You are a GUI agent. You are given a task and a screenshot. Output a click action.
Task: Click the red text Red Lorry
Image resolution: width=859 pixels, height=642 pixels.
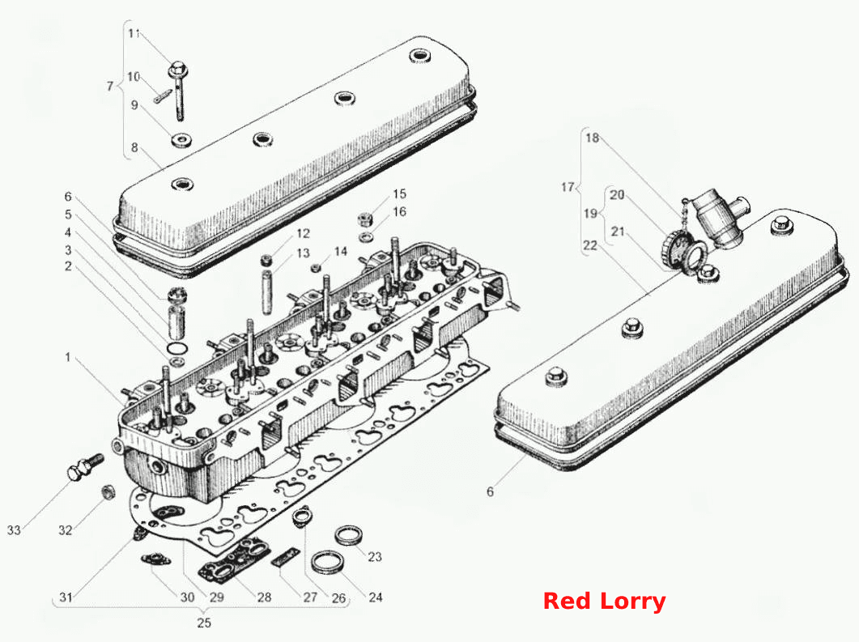tap(604, 601)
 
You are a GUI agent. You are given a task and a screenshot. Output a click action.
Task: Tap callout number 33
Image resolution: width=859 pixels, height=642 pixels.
tap(14, 529)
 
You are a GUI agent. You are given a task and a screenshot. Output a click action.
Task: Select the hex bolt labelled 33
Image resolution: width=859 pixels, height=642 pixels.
tap(85, 466)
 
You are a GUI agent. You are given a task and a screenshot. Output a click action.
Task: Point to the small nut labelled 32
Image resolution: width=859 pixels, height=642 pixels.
tap(108, 492)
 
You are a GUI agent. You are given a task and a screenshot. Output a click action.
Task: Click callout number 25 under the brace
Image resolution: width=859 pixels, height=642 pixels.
tap(204, 623)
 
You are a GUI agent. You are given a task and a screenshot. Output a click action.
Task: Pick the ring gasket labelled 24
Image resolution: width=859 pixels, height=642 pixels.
tap(328, 562)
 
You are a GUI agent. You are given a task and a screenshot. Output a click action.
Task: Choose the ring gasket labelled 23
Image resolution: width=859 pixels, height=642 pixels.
tap(349, 535)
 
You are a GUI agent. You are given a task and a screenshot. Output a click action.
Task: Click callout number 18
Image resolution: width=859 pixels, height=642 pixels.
tap(592, 138)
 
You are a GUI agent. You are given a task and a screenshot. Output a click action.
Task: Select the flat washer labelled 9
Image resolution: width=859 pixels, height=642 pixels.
tap(182, 140)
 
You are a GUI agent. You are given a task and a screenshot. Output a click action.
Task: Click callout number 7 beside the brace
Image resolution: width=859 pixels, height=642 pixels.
tap(109, 86)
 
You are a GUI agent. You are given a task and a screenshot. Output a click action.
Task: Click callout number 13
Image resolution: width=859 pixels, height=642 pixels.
tap(303, 253)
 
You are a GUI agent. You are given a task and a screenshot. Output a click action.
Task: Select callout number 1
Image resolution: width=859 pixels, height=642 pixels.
tap(68, 358)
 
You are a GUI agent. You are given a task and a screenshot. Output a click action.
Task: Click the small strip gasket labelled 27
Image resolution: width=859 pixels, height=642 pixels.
tap(286, 557)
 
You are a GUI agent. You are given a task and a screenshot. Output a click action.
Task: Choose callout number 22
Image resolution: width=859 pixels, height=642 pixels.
tap(590, 244)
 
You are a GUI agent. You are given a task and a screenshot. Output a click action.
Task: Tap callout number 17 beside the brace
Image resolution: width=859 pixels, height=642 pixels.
tap(568, 187)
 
